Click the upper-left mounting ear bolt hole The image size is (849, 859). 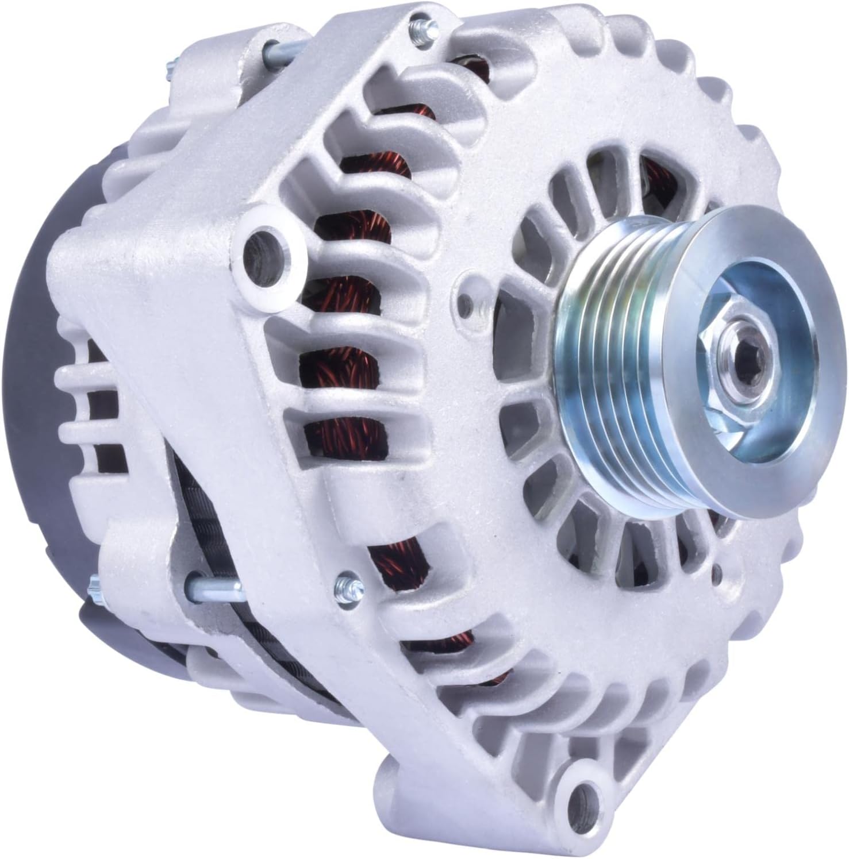(264, 247)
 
